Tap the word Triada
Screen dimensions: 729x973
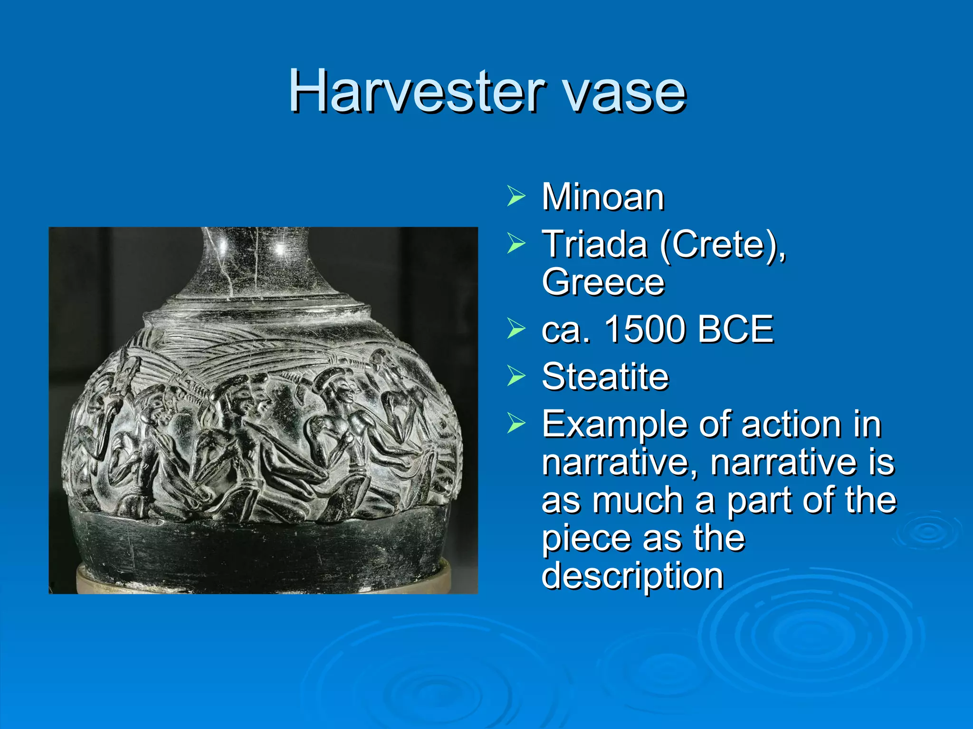pyautogui.click(x=594, y=244)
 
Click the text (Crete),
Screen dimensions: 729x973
pyautogui.click(x=722, y=245)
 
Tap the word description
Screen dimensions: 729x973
pyautogui.click(x=632, y=575)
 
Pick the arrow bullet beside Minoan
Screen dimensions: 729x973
pyautogui.click(x=516, y=196)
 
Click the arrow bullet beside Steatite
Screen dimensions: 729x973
pyautogui.click(x=516, y=376)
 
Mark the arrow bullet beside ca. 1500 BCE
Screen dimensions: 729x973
pyautogui.click(x=516, y=328)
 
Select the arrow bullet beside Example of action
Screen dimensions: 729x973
pyautogui.click(x=516, y=423)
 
